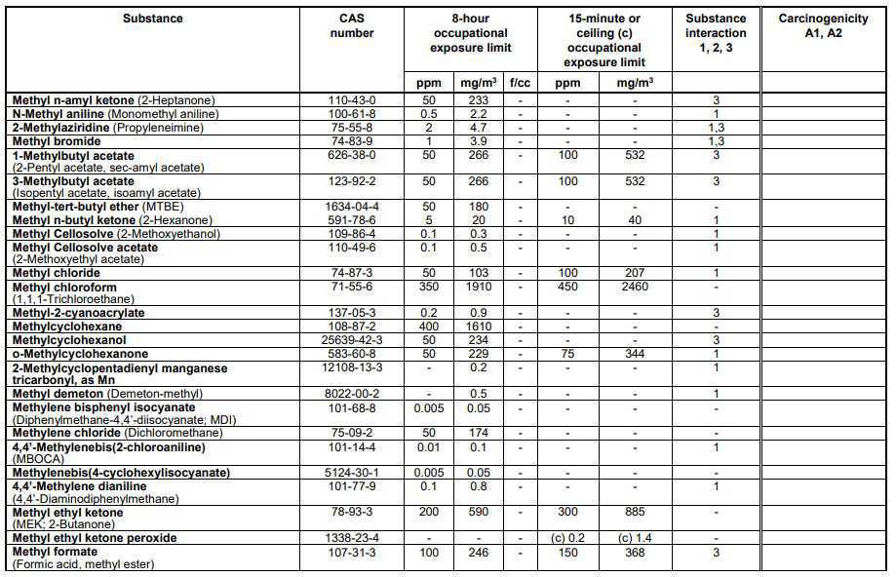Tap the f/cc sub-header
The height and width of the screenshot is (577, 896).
coord(520,83)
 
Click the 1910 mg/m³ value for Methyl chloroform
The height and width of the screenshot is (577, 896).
coord(479,288)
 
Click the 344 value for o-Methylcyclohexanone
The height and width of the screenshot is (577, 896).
coord(635,354)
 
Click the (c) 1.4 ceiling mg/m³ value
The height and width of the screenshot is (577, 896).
coord(635,538)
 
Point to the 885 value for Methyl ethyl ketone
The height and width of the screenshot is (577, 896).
coord(635,512)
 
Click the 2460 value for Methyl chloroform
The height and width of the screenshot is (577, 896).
coord(635,288)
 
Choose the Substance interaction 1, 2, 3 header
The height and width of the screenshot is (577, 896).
coord(716,32)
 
